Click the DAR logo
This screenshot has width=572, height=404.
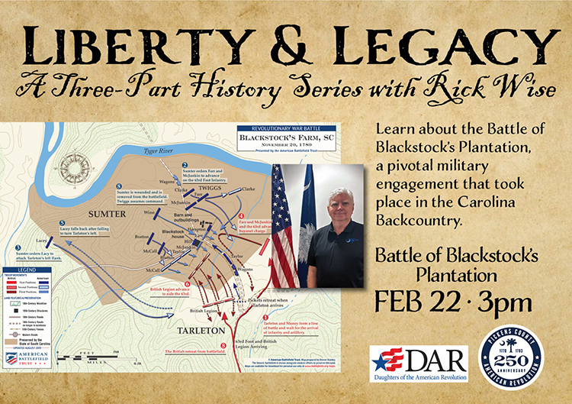coord(408,363)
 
